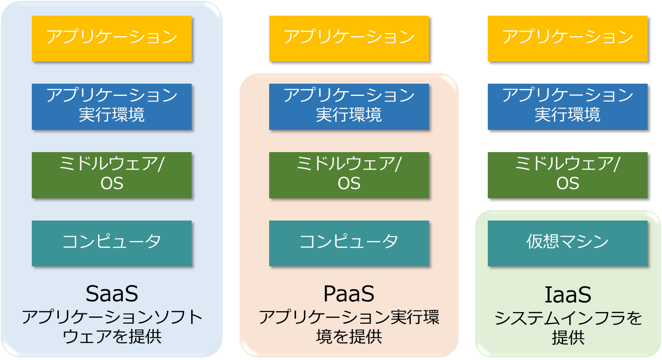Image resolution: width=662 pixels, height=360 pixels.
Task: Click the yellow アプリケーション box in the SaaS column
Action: [x=111, y=38]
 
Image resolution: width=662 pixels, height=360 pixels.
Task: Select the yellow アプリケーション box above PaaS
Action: [x=349, y=38]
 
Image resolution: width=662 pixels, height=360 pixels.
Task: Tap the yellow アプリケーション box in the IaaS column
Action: [x=568, y=38]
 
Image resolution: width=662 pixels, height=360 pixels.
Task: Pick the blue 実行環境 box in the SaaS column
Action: [x=111, y=107]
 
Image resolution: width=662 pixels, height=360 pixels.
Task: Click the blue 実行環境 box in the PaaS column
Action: [x=349, y=107]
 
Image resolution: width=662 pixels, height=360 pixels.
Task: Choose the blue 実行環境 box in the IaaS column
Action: [x=568, y=107]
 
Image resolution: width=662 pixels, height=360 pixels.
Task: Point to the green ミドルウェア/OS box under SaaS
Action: [x=111, y=175]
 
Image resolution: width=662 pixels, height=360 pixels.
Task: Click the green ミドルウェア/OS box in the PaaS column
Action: [x=349, y=175]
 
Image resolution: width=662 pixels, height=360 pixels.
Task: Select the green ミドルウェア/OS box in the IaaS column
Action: [x=568, y=175]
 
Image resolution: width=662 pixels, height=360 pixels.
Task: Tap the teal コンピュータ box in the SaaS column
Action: [x=111, y=244]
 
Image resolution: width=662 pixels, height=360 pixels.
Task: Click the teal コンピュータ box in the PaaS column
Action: [x=349, y=244]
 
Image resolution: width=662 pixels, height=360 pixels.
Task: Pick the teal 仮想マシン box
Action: [x=568, y=244]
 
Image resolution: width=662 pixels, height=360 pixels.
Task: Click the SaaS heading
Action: [x=111, y=294]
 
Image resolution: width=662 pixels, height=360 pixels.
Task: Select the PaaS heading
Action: [x=349, y=294]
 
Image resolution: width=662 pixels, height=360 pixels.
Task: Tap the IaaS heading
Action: [x=568, y=295]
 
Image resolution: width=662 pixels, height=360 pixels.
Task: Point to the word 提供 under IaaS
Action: [x=568, y=337]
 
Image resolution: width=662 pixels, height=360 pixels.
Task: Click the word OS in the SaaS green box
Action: [x=111, y=183]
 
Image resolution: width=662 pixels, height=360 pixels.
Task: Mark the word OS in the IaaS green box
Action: [x=568, y=183]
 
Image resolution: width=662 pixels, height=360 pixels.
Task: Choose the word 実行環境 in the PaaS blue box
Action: [x=349, y=115]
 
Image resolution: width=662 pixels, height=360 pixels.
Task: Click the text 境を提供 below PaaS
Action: [x=349, y=336]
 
